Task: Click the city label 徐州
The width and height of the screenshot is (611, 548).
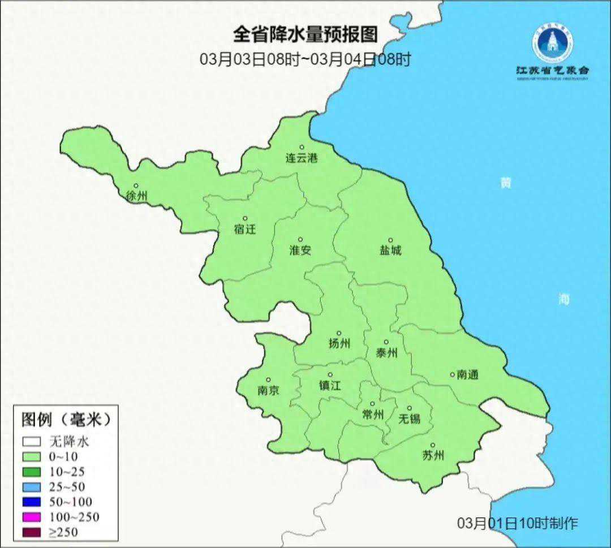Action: coord(137,196)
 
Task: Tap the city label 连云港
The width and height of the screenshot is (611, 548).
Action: coord(301,158)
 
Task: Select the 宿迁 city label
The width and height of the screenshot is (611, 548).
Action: coord(245,229)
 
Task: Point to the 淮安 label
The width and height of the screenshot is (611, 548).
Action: coord(300,250)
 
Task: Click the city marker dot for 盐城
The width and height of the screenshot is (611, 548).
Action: coord(390,240)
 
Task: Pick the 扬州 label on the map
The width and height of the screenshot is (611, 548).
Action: coord(339,343)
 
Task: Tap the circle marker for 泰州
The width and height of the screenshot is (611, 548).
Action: coord(386,342)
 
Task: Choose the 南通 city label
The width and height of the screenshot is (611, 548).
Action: coord(468,374)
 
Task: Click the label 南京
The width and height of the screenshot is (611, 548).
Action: coord(268,390)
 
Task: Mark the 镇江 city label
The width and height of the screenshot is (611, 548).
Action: coord(330,385)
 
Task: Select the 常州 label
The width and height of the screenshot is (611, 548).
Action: coord(373,415)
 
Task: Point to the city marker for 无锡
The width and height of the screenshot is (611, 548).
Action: coord(410,408)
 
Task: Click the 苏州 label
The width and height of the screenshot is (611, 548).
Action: coord(433,455)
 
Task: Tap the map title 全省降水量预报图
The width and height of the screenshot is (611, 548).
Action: coord(305,35)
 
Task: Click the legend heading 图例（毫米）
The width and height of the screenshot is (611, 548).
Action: coord(64,420)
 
